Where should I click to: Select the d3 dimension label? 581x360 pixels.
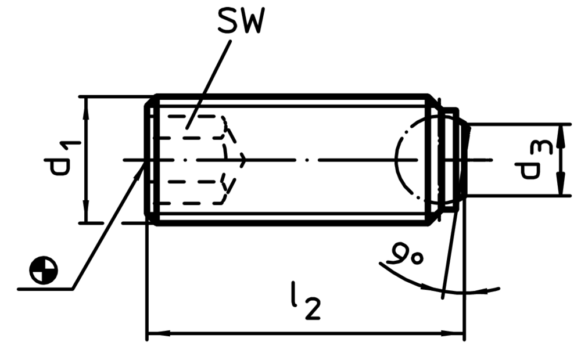[x=534, y=160]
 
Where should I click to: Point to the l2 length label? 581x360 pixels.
[x=305, y=300]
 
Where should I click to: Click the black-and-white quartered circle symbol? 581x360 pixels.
[x=44, y=270]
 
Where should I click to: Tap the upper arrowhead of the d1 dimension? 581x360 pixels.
[x=86, y=106]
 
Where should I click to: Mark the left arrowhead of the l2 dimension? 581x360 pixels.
[x=158, y=333]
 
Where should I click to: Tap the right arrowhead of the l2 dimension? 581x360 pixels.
[x=453, y=333]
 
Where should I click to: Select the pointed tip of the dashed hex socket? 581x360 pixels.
[x=245, y=160]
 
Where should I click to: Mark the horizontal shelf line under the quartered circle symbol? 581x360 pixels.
[x=45, y=289]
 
